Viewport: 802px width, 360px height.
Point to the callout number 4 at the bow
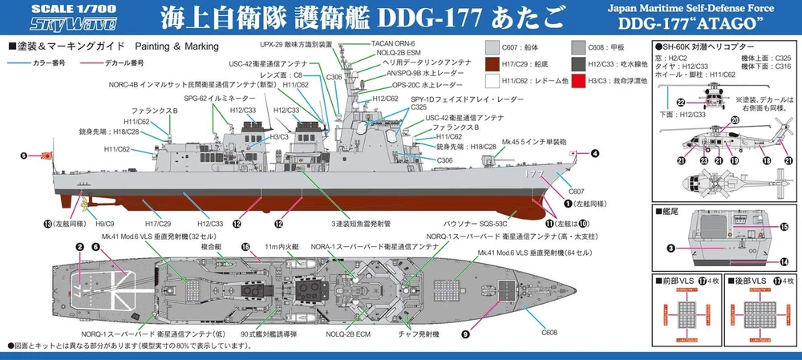click(x=595, y=152)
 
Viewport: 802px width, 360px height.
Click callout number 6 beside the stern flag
click(x=24, y=156)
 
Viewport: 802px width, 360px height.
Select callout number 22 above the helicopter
click(x=679, y=102)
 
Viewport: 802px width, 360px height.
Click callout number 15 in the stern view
click(x=784, y=227)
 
